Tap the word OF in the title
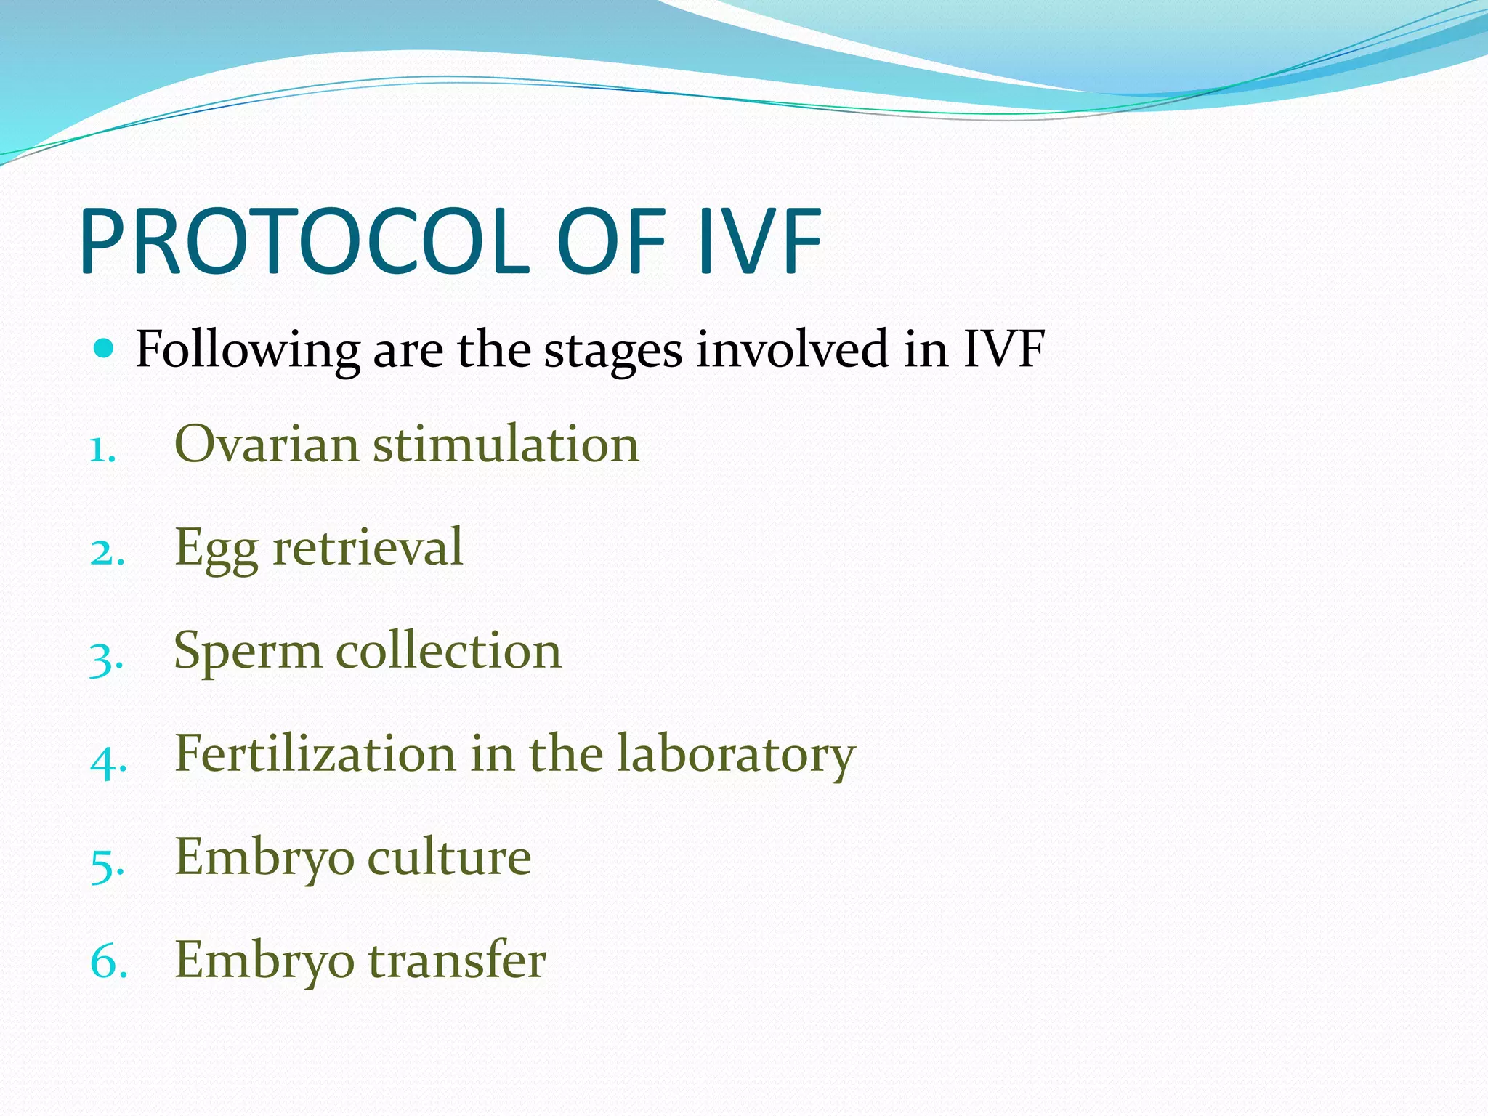612,242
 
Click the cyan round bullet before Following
105,349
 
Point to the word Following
248,350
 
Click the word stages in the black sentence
613,352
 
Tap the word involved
792,349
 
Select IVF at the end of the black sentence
1004,349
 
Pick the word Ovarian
266,444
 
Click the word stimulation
506,444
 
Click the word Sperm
247,652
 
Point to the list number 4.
108,761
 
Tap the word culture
449,857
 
